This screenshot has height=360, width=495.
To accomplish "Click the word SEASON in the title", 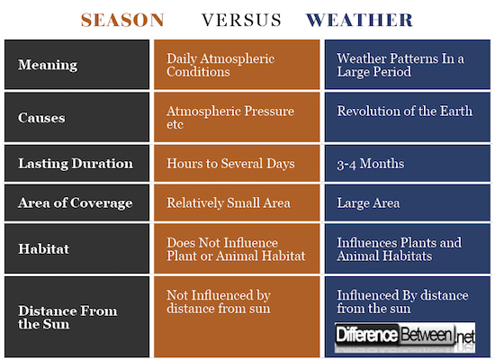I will (x=121, y=19).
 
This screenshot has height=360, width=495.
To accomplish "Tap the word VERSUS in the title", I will (x=241, y=19).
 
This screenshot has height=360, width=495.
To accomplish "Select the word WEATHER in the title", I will (x=359, y=19).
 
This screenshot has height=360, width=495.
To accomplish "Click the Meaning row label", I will (x=48, y=65).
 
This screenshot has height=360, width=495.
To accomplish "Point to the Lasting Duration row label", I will (x=76, y=164).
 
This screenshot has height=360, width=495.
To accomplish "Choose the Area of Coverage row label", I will (x=75, y=202).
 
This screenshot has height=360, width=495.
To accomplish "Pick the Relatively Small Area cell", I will (x=229, y=202).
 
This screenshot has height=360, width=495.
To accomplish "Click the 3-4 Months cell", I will (x=371, y=164).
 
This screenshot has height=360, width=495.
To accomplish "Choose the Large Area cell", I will (x=368, y=202).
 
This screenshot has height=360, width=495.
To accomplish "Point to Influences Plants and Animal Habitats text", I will (x=399, y=249).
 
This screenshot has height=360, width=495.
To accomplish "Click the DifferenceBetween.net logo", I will (x=404, y=337).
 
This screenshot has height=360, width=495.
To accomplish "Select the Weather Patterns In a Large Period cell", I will (x=400, y=65).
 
